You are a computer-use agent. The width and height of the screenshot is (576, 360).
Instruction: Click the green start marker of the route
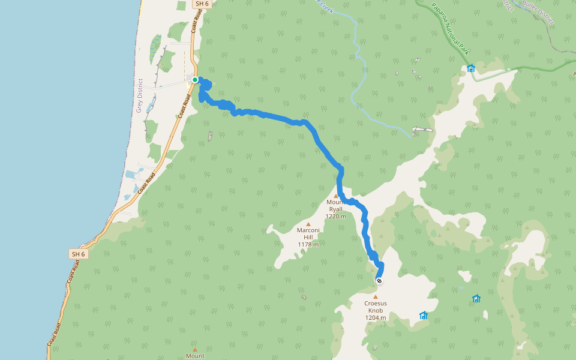[195, 79]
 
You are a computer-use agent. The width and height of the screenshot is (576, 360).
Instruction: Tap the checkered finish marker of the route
[379, 280]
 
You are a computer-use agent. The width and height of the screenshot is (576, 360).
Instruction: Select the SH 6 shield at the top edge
[202, 4]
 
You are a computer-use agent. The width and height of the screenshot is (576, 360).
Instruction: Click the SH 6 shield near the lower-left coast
[78, 254]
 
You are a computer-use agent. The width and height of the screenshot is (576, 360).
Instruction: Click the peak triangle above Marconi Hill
[308, 224]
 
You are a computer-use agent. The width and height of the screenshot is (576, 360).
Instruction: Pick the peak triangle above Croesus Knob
[376, 296]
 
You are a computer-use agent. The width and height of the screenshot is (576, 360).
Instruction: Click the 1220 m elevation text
[335, 217]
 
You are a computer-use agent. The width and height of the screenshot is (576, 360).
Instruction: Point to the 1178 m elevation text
[308, 244]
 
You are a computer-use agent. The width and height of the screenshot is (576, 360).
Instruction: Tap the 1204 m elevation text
[376, 317]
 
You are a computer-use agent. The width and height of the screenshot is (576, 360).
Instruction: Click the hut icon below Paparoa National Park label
[471, 68]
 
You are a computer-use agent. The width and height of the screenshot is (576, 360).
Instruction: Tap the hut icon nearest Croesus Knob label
[424, 315]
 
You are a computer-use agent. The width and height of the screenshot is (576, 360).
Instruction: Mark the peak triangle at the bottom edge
[194, 348]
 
